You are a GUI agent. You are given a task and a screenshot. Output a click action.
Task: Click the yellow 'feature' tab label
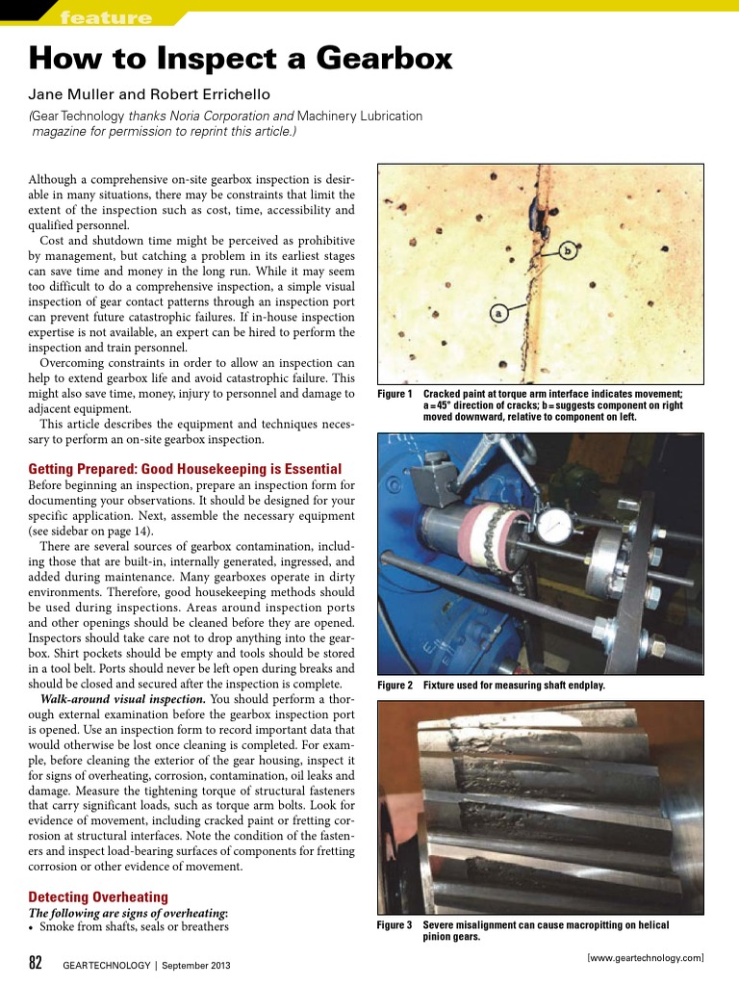tap(105, 17)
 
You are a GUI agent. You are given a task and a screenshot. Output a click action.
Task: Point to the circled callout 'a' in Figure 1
tap(498, 312)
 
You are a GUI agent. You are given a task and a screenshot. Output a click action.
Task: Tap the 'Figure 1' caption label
tap(395, 395)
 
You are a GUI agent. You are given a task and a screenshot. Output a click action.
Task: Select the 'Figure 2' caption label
tap(395, 686)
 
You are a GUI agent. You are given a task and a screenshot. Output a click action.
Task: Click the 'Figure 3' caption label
tap(395, 925)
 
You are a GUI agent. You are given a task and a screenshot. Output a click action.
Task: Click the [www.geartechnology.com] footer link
tap(645, 957)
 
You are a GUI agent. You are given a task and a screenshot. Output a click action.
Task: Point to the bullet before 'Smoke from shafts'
tap(32, 927)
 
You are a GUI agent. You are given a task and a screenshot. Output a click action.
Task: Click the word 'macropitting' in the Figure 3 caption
tap(589, 925)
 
